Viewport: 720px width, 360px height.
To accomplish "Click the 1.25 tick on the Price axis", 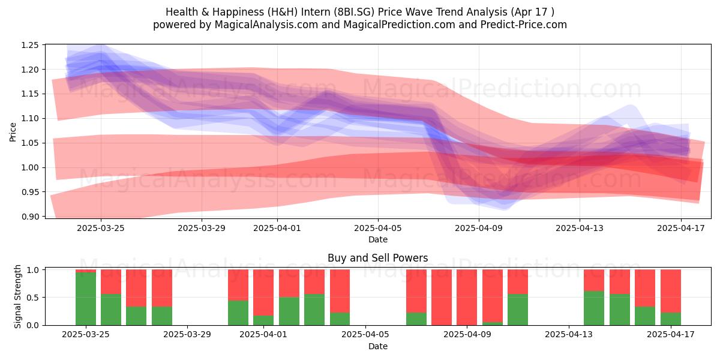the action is click(x=29, y=45).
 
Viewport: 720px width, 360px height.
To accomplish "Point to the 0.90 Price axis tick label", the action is click(x=29, y=217).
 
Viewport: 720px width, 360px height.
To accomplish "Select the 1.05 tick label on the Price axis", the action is click(x=29, y=143).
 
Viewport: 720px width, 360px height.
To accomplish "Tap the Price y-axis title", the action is click(x=13, y=132).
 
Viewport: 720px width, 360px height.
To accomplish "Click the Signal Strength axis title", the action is click(x=17, y=296).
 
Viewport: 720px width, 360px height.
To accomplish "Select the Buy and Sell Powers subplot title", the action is click(x=377, y=258).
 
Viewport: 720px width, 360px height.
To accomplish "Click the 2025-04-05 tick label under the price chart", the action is click(x=378, y=228).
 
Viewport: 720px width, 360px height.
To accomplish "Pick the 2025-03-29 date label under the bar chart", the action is click(x=187, y=335).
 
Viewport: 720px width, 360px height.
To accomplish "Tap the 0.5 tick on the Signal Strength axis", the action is click(x=32, y=298).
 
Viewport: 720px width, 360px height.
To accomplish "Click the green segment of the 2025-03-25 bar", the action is click(x=86, y=299).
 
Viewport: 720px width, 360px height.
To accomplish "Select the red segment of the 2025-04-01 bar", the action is click(x=263, y=293).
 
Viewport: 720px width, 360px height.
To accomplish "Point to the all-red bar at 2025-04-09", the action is click(x=467, y=298).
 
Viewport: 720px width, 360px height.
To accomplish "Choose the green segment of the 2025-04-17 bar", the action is click(x=671, y=319).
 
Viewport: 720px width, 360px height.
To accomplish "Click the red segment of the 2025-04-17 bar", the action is click(x=671, y=291).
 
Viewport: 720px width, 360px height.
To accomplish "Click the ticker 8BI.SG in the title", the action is click(x=354, y=12).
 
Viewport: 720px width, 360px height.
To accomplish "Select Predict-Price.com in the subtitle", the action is click(x=524, y=25).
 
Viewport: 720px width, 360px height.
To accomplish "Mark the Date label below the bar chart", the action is click(x=377, y=347).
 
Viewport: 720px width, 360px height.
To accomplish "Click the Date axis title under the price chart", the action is click(x=377, y=240).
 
